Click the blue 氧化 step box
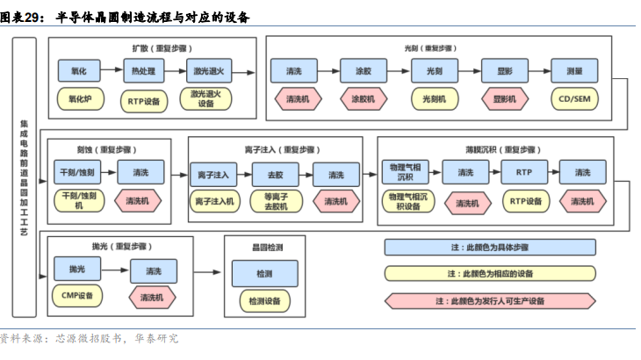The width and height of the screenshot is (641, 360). (79, 71)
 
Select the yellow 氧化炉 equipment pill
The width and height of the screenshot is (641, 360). (80, 99)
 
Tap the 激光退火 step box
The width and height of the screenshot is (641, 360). (209, 71)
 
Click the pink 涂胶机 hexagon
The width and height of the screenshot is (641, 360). (364, 99)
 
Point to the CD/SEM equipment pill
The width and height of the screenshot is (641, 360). (574, 99)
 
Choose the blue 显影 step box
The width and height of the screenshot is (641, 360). (505, 71)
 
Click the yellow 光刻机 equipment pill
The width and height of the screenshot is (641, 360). (434, 99)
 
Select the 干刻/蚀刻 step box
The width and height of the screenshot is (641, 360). (77, 172)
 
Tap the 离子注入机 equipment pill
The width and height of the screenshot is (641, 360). (214, 201)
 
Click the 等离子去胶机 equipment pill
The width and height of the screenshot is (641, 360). (276, 201)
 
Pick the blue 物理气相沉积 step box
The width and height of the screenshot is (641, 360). (405, 172)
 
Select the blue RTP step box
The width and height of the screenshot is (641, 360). (524, 172)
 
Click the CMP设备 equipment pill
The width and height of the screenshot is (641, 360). (77, 296)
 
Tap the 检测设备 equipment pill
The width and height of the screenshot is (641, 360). (264, 301)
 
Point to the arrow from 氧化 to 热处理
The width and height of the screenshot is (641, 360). (112, 70)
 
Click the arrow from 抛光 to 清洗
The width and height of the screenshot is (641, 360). (115, 270)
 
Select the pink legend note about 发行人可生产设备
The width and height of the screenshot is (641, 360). (490, 301)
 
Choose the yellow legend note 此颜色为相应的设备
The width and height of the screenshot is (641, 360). (490, 274)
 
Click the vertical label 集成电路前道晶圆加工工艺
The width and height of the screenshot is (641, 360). (24, 177)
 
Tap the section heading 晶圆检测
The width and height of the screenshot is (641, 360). (267, 248)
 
